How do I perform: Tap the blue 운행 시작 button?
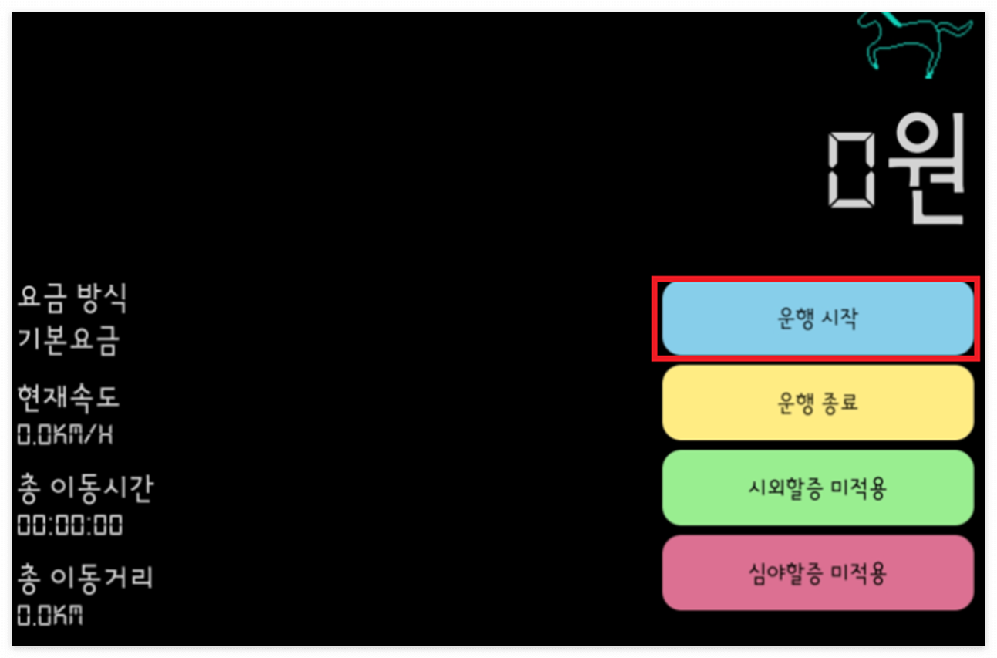(x=817, y=319)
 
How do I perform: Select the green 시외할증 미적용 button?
(x=817, y=488)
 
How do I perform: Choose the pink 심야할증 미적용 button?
(x=817, y=573)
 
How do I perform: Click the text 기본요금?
(x=69, y=340)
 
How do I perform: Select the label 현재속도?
(x=69, y=397)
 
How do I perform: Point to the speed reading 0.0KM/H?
(x=66, y=434)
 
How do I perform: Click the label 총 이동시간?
(x=86, y=488)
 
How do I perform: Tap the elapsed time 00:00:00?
(x=70, y=525)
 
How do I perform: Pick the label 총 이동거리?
(x=86, y=577)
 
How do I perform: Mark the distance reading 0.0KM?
(x=50, y=615)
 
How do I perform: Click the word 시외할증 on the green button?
(x=782, y=488)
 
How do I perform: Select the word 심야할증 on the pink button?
(x=782, y=573)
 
